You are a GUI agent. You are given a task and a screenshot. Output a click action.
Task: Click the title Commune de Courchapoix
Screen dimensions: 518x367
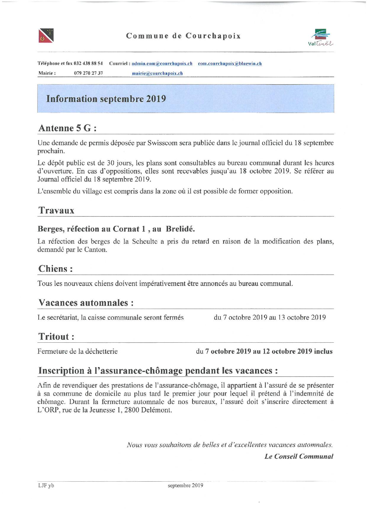(x=183, y=36)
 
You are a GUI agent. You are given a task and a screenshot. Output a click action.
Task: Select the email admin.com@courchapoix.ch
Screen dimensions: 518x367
(x=162, y=64)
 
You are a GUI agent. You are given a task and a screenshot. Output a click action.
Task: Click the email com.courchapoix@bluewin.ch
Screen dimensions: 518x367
(x=230, y=64)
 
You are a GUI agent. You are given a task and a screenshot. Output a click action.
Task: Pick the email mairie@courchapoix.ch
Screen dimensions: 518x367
(x=157, y=73)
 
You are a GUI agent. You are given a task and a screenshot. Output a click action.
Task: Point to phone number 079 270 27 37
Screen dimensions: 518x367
(x=88, y=73)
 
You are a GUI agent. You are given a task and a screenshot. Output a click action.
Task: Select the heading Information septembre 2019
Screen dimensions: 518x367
(x=106, y=99)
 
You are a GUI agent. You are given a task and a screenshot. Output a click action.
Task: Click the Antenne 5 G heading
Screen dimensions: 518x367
(x=67, y=128)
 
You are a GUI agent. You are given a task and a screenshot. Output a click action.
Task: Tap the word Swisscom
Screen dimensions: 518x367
(x=162, y=143)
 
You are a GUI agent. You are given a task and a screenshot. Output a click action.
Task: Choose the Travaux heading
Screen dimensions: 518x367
(x=56, y=211)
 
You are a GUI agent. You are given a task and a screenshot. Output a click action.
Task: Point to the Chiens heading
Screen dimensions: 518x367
(x=55, y=269)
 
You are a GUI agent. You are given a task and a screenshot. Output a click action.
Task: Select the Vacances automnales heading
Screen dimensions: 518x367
(x=86, y=303)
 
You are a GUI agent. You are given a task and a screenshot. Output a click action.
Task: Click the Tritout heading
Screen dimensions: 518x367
(x=56, y=336)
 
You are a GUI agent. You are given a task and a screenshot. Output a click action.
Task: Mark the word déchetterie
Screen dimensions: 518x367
(x=102, y=352)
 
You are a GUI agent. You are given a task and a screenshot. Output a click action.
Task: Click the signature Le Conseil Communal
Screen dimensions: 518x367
(x=299, y=456)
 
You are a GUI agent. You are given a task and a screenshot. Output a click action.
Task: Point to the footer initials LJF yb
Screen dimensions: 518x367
(x=46, y=485)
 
